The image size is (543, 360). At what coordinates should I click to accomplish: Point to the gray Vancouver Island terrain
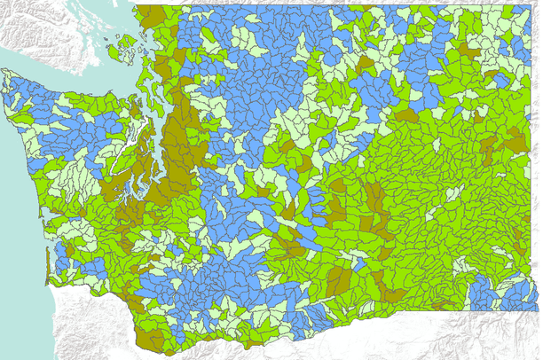[53, 35]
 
